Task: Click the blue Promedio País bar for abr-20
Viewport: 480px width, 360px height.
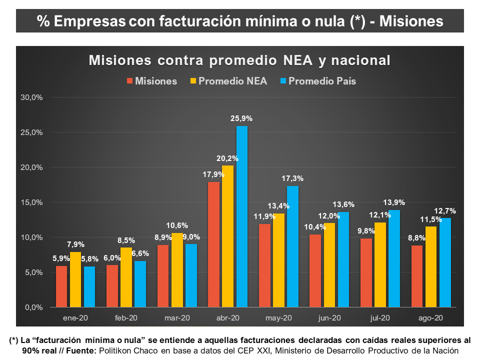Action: point(242,216)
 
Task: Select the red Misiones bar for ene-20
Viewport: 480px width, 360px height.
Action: point(61,286)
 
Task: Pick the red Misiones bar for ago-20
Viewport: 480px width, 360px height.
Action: point(416,276)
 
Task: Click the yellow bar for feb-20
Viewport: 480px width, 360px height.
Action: point(126,277)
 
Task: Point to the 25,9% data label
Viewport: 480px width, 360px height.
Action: point(242,119)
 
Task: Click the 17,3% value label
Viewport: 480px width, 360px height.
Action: point(292,179)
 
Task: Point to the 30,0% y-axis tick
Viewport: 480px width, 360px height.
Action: point(30,97)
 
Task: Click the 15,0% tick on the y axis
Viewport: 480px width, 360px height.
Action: point(30,202)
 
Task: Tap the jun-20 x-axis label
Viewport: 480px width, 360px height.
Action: point(329,318)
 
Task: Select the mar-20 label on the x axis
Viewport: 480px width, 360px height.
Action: point(177,318)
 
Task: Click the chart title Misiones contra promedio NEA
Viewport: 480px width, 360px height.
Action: point(239,60)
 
